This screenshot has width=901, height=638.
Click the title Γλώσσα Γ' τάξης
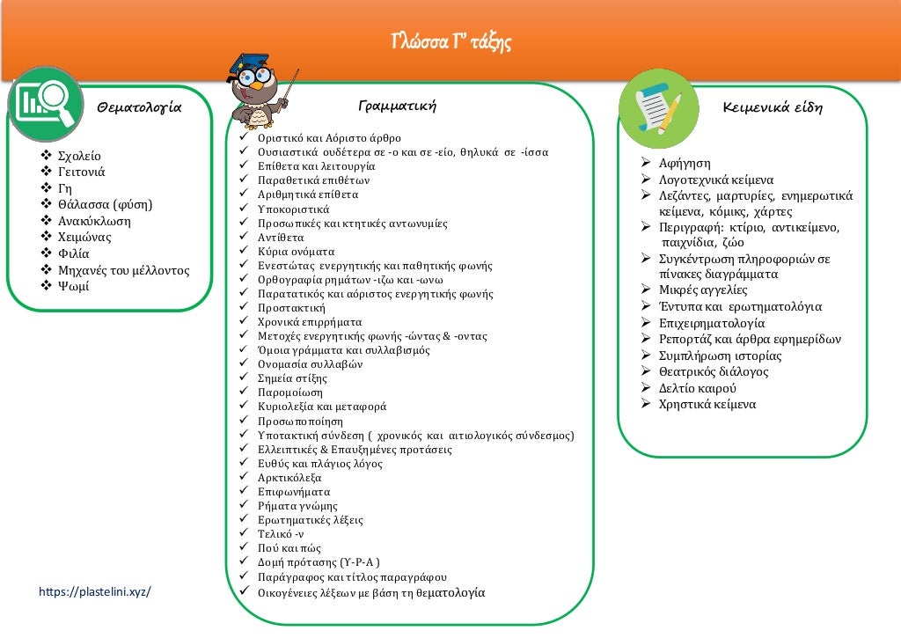click(x=450, y=42)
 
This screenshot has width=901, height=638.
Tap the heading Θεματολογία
click(x=139, y=108)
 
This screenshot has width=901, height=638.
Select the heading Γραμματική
click(x=398, y=106)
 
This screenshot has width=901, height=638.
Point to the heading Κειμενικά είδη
click(x=773, y=108)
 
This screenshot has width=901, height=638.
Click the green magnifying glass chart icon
click(x=44, y=103)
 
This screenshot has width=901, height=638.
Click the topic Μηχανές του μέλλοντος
click(x=123, y=270)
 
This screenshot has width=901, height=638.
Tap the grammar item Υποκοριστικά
click(x=293, y=209)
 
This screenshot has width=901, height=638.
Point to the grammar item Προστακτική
click(x=291, y=308)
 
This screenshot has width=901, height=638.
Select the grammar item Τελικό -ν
click(x=281, y=533)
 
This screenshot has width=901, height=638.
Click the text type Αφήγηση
click(x=685, y=164)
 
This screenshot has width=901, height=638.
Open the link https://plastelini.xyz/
click(x=95, y=591)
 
